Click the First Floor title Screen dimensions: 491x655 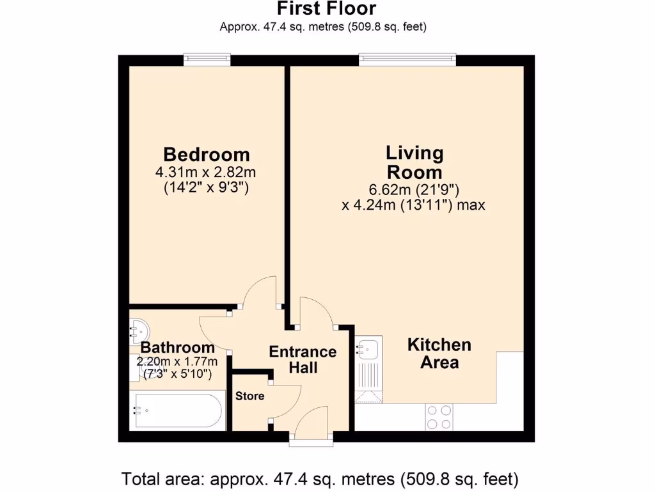click(326, 9)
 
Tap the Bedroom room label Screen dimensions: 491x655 click(206, 155)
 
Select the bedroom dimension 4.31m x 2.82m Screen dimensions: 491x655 click(206, 172)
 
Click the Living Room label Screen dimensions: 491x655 click(414, 162)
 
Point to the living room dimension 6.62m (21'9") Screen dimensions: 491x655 click(414, 190)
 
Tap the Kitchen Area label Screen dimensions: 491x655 click(439, 354)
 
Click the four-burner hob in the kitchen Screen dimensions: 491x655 click(438, 417)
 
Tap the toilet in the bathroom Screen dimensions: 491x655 click(139, 331)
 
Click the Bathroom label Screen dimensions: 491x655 click(177, 348)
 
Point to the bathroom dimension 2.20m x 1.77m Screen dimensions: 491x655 click(177, 361)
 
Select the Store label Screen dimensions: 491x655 click(249, 396)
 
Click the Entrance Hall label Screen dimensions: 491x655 click(303, 359)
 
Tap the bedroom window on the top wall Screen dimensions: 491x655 click(206, 59)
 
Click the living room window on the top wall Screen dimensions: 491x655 click(407, 59)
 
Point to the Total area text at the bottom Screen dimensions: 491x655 click(320, 478)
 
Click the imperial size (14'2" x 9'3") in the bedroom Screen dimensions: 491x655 click(206, 187)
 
